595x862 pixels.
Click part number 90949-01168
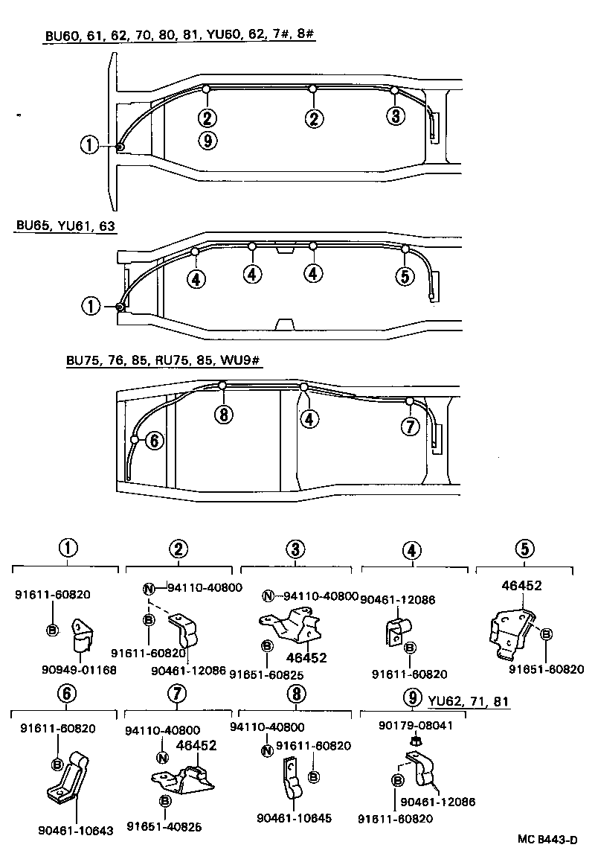click(x=80, y=670)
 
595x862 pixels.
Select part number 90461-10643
click(x=76, y=830)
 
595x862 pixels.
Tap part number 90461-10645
click(x=294, y=818)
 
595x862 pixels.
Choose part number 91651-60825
click(x=266, y=674)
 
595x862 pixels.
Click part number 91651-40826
click(x=164, y=826)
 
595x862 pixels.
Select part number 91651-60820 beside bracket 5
click(x=546, y=668)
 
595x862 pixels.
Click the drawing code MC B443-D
click(x=548, y=840)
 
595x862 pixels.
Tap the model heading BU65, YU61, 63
click(x=65, y=225)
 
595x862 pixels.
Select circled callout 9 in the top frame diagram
click(x=208, y=140)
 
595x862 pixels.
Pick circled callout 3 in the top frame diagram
click(x=395, y=115)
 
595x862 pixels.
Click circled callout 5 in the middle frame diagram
click(x=405, y=276)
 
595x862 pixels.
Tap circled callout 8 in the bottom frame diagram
click(x=222, y=415)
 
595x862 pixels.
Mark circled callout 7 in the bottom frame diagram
click(x=409, y=427)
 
